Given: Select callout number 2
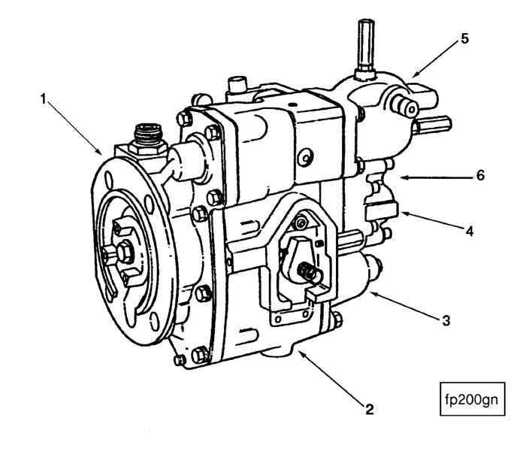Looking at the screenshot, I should pos(369,410).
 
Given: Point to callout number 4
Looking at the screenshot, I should pos(469,232).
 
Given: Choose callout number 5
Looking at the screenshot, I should pos(465,39).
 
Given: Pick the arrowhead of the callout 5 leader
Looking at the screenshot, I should pos(413,77).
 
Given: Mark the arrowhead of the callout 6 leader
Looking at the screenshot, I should pos(397,177).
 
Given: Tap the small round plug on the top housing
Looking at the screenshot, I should pos(304,159).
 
